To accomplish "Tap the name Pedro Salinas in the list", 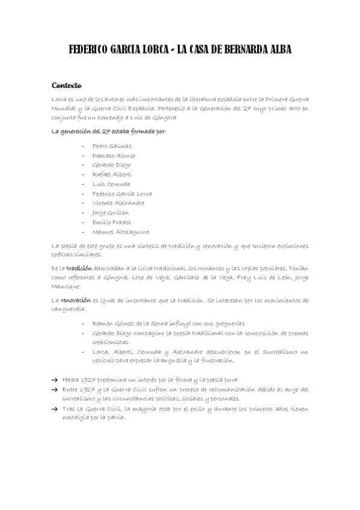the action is click(112, 146).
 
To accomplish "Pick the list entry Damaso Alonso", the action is click(114, 155).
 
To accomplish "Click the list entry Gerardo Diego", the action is click(112, 165).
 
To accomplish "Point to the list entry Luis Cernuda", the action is click(111, 184).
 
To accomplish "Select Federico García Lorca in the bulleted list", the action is click(122, 194).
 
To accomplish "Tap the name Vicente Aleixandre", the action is click(118, 203).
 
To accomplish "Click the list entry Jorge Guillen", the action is click(111, 213).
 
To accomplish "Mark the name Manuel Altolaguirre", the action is click(121, 232).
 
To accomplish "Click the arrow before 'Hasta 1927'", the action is click(55, 380).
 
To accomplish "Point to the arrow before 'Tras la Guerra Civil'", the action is click(55, 409).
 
